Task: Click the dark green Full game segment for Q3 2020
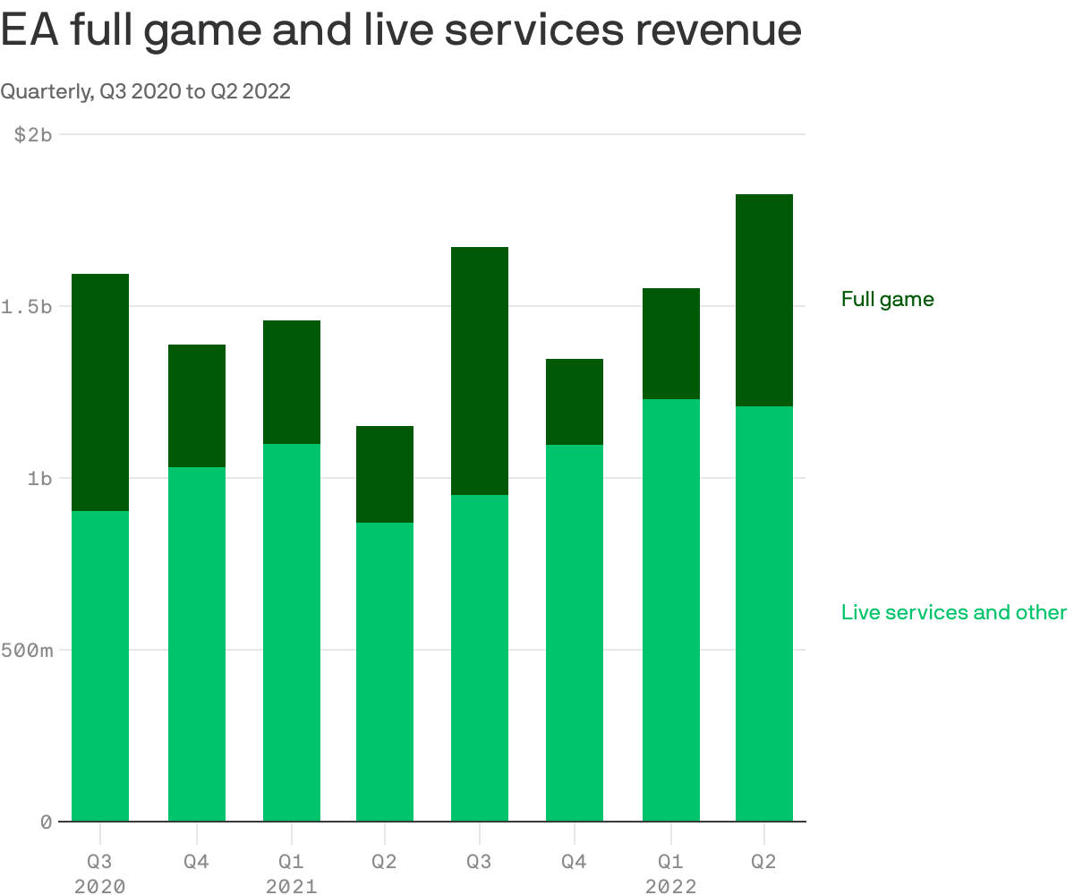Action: pos(100,392)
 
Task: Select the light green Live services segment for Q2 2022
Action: pos(763,613)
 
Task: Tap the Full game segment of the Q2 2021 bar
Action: pos(385,474)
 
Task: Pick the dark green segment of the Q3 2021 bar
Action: pos(480,371)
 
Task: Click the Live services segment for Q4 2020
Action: pos(197,644)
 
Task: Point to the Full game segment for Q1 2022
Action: pos(670,344)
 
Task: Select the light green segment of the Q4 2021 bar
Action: pos(575,633)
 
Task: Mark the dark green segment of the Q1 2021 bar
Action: pos(292,382)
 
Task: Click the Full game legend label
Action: pos(887,300)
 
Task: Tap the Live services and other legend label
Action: pos(953,613)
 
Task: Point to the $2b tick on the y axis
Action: pos(33,134)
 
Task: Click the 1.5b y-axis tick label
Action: pos(27,306)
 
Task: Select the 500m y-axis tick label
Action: pos(27,650)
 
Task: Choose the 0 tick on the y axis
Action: pos(46,822)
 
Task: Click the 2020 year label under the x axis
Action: pos(99,886)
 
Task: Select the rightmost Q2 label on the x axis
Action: pos(763,861)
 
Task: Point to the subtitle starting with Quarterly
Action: pos(145,91)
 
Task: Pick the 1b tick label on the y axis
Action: pos(39,478)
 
